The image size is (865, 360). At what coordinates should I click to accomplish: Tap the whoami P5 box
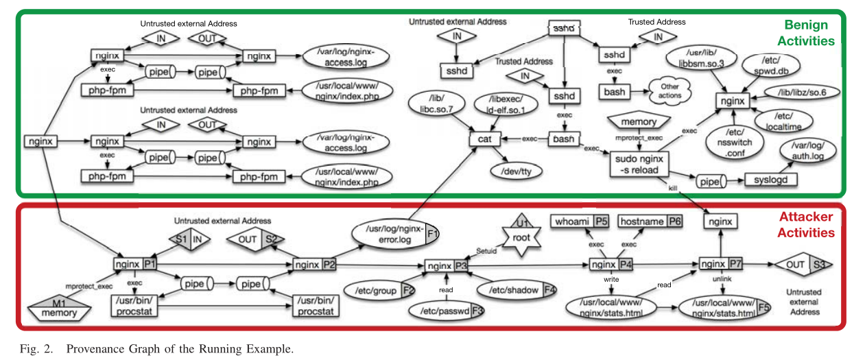click(x=580, y=221)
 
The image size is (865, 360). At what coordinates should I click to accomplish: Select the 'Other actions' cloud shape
click(x=669, y=91)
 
